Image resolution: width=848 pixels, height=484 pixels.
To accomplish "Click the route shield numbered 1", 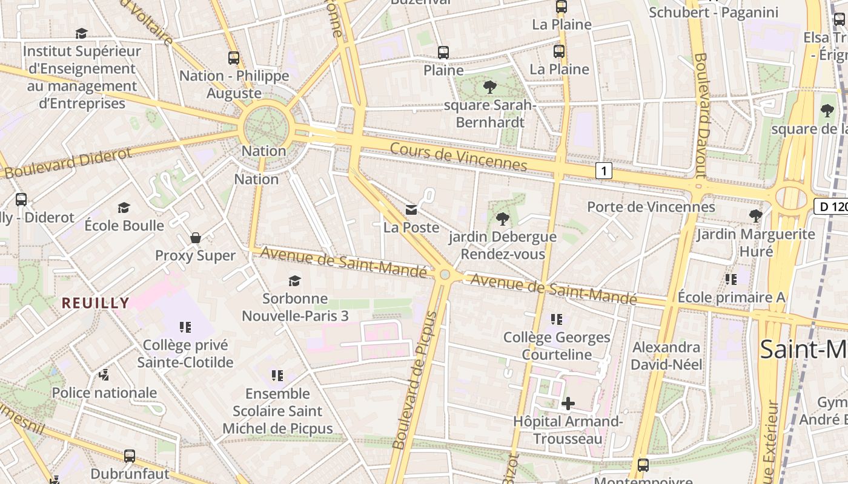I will (603, 171).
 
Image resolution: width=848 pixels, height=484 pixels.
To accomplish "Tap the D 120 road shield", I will (830, 206).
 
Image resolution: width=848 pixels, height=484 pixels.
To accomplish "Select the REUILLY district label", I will (95, 303).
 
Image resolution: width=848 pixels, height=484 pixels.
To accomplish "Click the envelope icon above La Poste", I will (411, 210).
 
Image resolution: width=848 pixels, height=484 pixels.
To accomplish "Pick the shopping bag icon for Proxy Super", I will (195, 238).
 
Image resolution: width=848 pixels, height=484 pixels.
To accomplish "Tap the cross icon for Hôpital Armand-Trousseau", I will (568, 403).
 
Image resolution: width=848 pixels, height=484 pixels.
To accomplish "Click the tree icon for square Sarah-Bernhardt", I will (489, 87).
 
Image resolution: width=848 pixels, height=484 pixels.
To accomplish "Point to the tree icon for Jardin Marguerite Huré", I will (755, 215).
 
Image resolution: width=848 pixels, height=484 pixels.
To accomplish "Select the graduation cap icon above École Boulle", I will (124, 208).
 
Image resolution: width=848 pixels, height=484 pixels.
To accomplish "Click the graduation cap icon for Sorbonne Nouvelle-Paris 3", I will (294, 281).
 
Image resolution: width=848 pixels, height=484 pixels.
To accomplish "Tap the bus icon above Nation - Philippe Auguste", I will (234, 58).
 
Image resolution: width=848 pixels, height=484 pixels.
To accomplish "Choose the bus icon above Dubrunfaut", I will (130, 456).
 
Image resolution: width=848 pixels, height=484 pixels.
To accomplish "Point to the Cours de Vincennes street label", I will (458, 157).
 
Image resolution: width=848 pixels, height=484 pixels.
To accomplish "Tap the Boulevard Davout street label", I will (701, 115).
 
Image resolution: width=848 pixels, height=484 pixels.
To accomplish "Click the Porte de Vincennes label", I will (651, 207).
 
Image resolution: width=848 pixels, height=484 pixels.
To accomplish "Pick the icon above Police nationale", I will (104, 375).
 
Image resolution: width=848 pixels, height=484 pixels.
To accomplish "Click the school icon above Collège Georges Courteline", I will (557, 319).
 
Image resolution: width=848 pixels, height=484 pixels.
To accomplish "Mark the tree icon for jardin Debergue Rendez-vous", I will (502, 218).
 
